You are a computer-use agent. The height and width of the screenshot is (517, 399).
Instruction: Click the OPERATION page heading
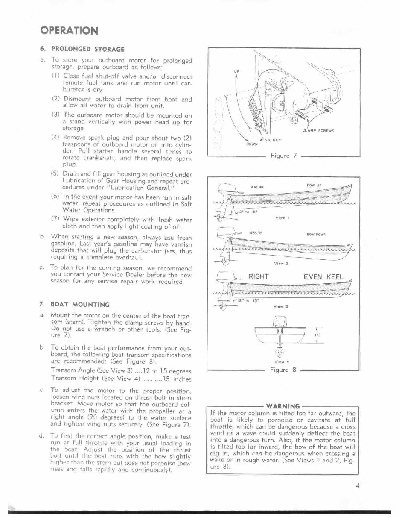(69, 30)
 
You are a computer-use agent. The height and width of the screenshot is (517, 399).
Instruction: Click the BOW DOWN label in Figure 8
(316, 234)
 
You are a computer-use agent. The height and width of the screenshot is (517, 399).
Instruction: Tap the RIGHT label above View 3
(258, 276)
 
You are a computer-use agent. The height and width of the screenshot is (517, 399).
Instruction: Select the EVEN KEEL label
(323, 276)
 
